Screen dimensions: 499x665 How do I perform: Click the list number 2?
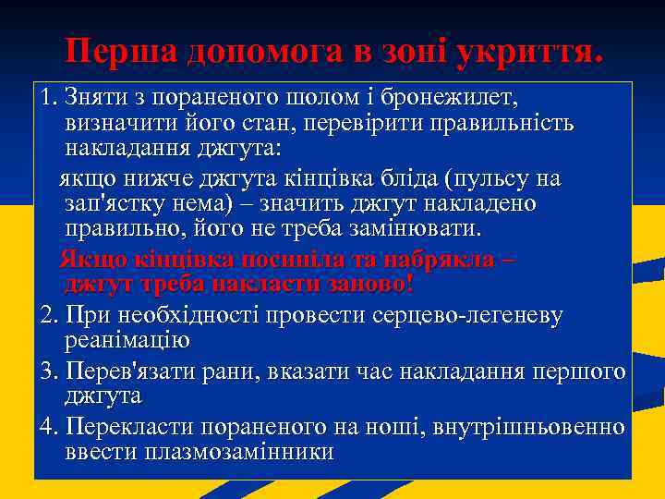click(x=50, y=315)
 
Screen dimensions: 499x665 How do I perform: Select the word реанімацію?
click(x=127, y=340)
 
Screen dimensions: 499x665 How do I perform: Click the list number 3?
click(x=50, y=371)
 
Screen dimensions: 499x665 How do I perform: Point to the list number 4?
click(x=50, y=427)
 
